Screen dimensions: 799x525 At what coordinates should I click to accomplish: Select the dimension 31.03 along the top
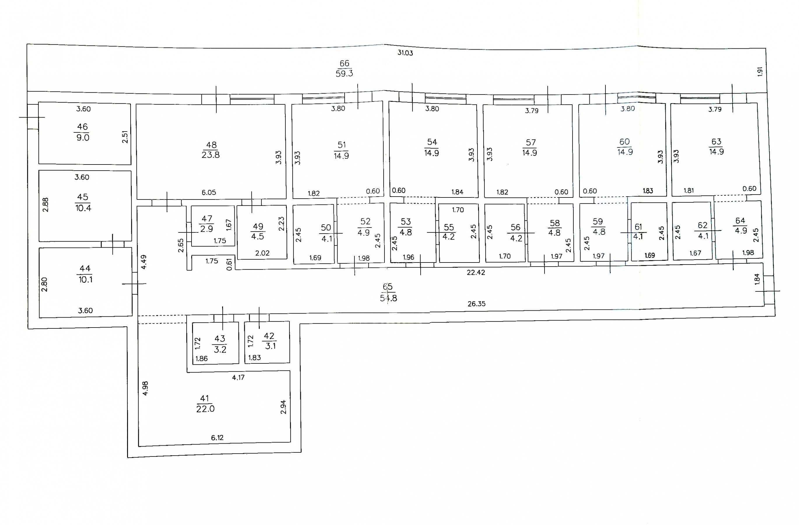(405, 53)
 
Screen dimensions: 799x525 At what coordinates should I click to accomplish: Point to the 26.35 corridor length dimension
(476, 304)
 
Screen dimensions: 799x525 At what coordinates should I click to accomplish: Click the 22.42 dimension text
(476, 272)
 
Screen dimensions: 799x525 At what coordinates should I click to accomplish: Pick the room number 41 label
(204, 398)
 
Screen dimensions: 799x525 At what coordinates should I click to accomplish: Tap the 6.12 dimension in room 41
(217, 438)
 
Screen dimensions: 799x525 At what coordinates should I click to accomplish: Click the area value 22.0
(205, 409)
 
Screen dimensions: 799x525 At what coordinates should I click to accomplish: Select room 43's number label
(220, 339)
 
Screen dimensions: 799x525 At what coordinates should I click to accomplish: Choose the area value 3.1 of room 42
(270, 346)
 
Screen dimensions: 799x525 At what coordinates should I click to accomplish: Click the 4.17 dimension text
(238, 377)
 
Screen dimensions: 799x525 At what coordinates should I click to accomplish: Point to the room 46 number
(82, 127)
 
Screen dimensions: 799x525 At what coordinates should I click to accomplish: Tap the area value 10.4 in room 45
(83, 208)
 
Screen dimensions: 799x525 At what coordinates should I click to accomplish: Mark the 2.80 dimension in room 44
(44, 284)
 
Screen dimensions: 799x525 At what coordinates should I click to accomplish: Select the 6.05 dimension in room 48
(209, 192)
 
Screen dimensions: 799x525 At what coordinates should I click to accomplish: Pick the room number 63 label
(716, 141)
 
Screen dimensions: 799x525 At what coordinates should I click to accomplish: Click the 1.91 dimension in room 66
(760, 71)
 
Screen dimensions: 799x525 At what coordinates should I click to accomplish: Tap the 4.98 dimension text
(145, 388)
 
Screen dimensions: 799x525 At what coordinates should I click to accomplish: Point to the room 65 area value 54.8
(388, 298)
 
